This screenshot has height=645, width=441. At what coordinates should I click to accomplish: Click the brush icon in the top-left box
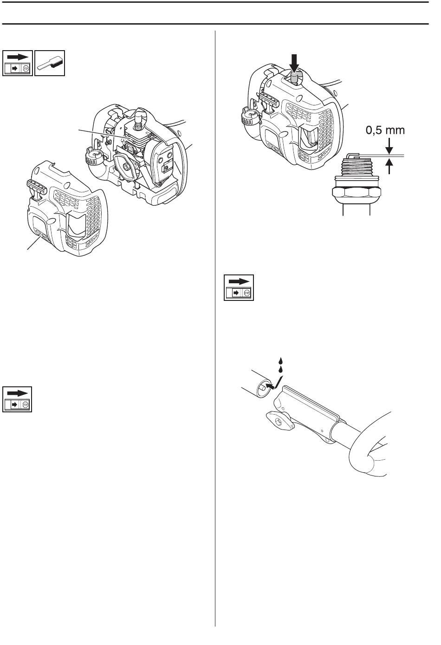[x=50, y=63]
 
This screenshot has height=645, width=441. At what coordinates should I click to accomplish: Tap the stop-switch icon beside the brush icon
[x=18, y=63]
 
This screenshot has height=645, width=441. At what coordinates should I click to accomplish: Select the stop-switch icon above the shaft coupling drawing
[x=239, y=287]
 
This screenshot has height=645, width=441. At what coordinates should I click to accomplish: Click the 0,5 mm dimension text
[x=385, y=130]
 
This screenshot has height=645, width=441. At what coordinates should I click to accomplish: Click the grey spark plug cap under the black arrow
[x=295, y=78]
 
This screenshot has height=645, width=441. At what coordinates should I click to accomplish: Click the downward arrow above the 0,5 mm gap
[x=389, y=146]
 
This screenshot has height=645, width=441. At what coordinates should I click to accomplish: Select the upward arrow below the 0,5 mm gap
[x=389, y=166]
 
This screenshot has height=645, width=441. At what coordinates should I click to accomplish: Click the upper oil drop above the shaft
[x=281, y=361]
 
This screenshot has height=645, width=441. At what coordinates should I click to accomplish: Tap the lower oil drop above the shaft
[x=281, y=369]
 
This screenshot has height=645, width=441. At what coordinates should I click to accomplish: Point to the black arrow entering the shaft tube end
[x=270, y=385]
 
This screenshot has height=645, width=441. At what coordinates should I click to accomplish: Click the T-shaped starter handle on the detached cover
[x=37, y=187]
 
